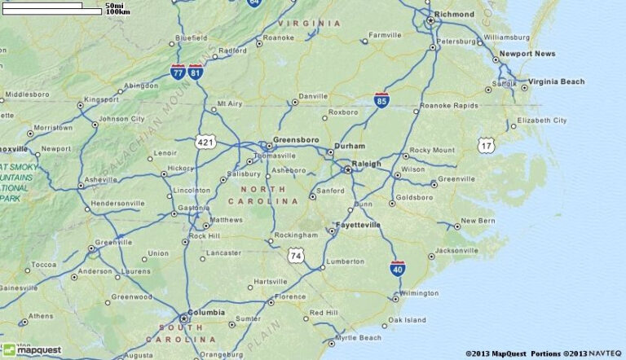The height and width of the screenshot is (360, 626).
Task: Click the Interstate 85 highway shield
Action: (381, 100)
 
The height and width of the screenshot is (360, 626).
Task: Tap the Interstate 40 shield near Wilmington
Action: (398, 268)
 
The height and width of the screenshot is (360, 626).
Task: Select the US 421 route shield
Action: (205, 142)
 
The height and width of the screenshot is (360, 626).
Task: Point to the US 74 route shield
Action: (295, 256)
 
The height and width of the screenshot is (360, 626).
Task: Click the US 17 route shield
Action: (486, 145)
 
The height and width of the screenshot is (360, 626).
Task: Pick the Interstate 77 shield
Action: (178, 72)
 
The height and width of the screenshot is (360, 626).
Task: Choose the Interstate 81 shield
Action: (196, 72)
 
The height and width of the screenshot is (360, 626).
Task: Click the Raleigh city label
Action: (366, 164)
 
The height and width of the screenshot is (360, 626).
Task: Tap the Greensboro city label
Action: (296, 140)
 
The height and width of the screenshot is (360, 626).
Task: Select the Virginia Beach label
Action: (556, 81)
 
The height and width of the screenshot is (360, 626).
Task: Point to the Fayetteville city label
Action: (358, 225)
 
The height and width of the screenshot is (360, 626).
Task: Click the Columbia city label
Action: (206, 313)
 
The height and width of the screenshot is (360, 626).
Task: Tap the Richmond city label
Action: (454, 15)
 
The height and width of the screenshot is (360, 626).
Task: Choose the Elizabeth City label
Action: (542, 121)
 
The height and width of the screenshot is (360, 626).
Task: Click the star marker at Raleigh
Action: (348, 169)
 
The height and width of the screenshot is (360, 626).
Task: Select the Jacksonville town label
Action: (456, 250)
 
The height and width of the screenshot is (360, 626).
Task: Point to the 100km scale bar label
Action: (118, 12)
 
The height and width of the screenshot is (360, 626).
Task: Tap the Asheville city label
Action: (101, 179)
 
